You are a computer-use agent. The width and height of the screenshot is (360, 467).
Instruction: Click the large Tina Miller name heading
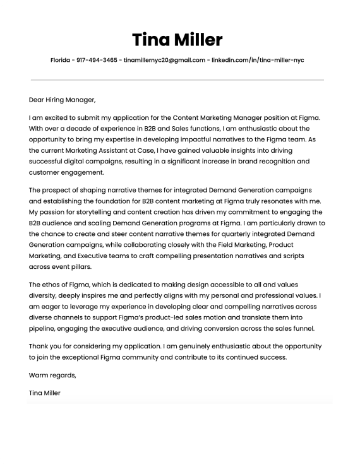(177, 40)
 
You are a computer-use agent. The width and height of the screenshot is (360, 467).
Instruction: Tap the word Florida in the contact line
(61, 61)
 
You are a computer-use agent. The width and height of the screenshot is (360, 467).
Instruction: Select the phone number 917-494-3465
(97, 61)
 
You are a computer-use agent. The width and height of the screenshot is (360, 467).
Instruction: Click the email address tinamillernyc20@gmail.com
(164, 61)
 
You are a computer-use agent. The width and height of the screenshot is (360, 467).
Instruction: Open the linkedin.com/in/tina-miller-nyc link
(258, 61)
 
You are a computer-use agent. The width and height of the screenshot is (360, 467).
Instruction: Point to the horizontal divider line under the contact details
(177, 80)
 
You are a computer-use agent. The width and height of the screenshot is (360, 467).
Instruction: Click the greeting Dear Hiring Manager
(62, 100)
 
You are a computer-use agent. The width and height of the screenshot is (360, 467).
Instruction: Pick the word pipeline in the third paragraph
(43, 328)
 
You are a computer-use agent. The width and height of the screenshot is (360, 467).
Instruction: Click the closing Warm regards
(52, 375)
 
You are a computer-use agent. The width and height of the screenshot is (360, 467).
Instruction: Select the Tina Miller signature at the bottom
(45, 393)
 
